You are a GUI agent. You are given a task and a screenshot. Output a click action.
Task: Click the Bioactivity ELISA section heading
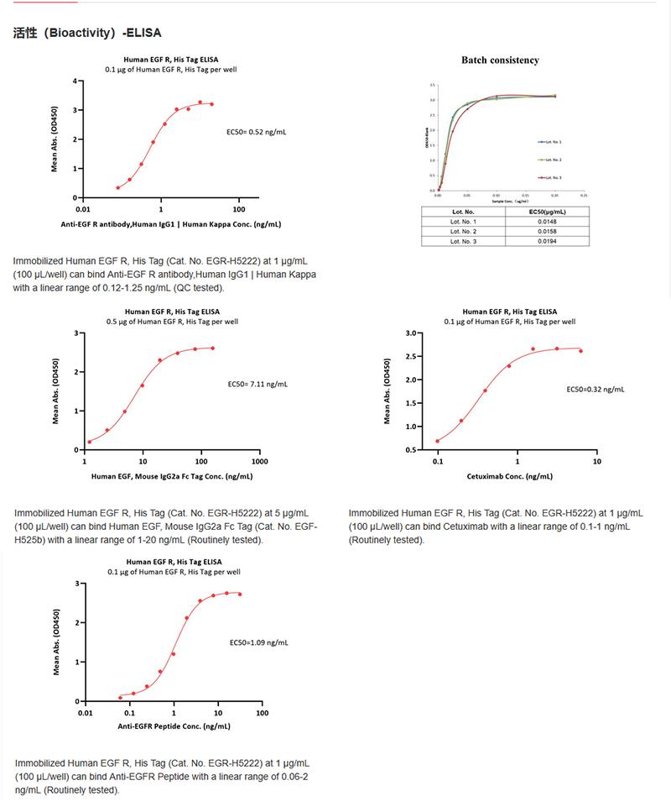[87, 33]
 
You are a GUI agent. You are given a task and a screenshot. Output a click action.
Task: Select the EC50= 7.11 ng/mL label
[257, 385]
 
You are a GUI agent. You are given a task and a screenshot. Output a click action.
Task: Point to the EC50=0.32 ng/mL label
[596, 390]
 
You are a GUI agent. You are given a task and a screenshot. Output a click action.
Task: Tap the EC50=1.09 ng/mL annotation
[258, 643]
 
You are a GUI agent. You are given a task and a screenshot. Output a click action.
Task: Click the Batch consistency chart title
[500, 60]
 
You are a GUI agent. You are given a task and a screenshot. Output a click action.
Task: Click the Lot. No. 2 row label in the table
[463, 231]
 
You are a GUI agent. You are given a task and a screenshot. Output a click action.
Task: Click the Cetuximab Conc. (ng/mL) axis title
[509, 476]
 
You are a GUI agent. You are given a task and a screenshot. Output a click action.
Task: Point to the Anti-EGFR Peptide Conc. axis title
[174, 726]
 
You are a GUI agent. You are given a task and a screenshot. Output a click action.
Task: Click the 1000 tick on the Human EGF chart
[259, 462]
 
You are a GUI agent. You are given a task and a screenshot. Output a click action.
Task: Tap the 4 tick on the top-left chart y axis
[75, 81]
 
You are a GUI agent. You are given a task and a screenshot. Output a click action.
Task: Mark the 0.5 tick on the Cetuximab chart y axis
[412, 450]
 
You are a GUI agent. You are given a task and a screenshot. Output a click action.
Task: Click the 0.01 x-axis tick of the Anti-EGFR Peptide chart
[85, 714]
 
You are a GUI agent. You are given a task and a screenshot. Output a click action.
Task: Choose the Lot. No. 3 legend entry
[550, 177]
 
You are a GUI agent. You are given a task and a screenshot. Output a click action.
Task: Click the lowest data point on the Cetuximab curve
[438, 441]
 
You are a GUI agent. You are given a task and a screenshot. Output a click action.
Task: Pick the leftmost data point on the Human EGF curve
[90, 442]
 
